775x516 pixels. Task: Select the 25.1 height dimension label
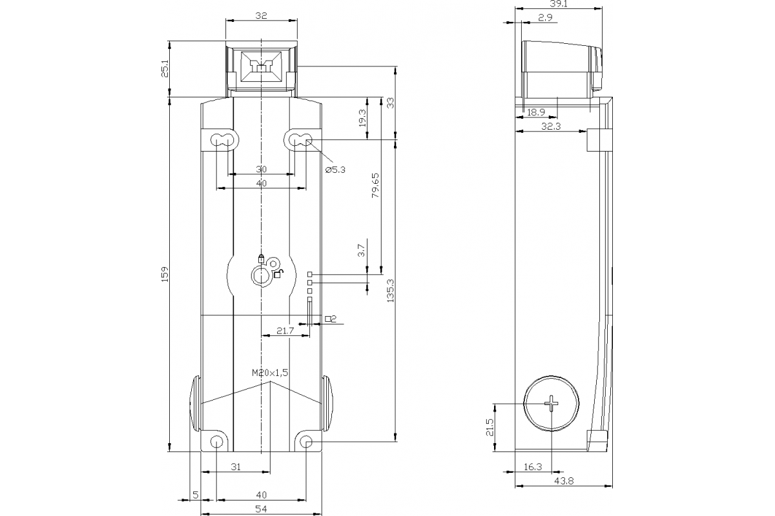164,69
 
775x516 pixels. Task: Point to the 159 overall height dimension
164,274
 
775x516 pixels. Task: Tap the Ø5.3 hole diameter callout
335,170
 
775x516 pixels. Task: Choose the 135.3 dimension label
389,290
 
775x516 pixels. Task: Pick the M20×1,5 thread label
269,373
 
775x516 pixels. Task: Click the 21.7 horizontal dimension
285,330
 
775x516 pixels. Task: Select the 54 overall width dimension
261,510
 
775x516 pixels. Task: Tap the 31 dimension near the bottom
236,467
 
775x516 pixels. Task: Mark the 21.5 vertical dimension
490,426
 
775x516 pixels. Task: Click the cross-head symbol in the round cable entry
554,404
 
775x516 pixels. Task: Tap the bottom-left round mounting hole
217,442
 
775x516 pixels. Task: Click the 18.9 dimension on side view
535,112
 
